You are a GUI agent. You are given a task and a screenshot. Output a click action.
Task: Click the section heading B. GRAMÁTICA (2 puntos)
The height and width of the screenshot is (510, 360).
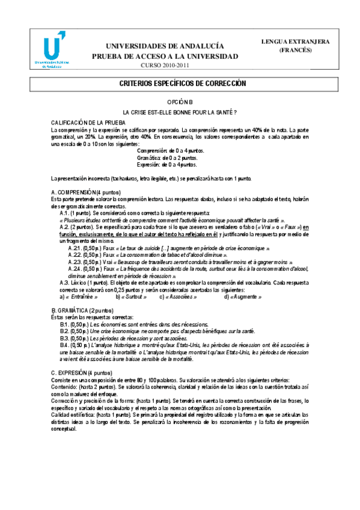coord(82,310)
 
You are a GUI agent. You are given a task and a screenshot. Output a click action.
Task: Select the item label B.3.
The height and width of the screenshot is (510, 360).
coord(64,338)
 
